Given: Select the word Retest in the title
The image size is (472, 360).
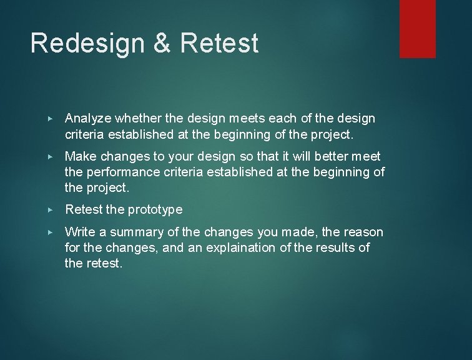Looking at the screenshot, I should [219, 44].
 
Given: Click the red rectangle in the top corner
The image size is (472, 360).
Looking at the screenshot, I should [417, 29].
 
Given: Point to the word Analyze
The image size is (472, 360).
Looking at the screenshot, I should [87, 119].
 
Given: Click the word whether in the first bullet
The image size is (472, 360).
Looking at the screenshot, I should [135, 119].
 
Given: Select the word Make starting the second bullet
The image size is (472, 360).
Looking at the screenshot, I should [79, 156].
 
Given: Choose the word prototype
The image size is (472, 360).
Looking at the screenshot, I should [154, 209].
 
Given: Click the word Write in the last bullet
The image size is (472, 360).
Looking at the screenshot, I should [79, 232].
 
